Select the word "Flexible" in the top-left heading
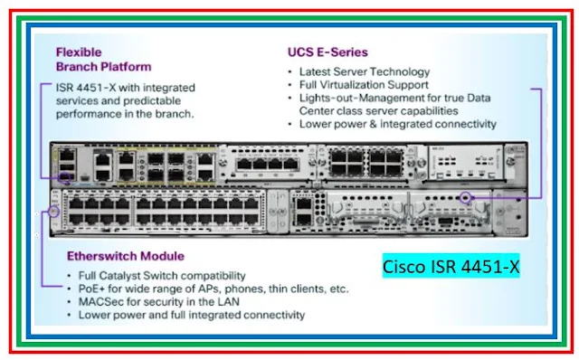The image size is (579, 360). [79, 52]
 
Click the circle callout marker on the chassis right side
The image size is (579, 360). [467, 198]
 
